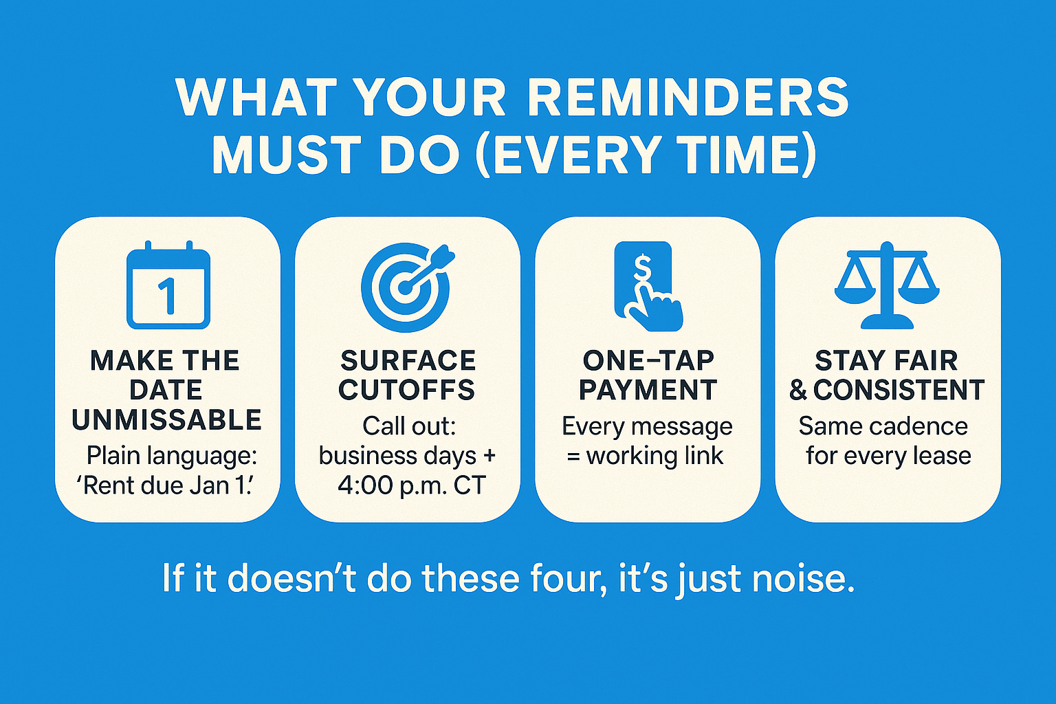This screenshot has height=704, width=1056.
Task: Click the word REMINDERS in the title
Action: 688,98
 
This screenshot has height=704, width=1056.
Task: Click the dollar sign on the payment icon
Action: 641,268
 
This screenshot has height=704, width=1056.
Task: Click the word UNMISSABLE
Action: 167,419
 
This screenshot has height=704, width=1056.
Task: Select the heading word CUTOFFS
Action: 407,390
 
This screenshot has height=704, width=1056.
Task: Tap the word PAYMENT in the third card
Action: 648,390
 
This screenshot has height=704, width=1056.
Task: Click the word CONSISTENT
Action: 899,390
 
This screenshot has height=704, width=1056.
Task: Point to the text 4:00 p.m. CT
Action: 412,485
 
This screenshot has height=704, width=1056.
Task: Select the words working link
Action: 654,456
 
